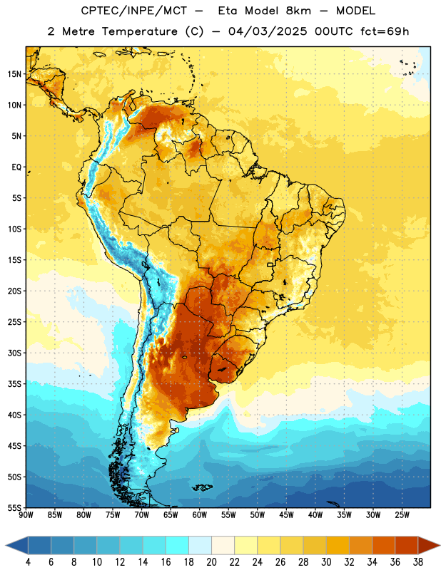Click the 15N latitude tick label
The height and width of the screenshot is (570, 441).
click(x=14, y=74)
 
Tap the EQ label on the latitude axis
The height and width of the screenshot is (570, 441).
click(x=16, y=167)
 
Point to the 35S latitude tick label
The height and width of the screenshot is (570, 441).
click(x=14, y=384)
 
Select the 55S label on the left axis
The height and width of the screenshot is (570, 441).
click(x=14, y=507)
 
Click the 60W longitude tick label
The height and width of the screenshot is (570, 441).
click(x=200, y=514)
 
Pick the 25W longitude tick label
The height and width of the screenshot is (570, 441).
click(x=402, y=514)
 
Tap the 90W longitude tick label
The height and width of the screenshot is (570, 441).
click(x=26, y=514)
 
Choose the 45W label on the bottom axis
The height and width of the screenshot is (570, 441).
click(x=286, y=514)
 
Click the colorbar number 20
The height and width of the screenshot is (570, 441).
click(x=211, y=562)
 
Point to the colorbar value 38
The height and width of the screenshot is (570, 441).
click(x=418, y=562)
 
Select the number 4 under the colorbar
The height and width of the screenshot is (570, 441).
click(x=28, y=562)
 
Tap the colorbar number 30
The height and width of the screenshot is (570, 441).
click(x=326, y=562)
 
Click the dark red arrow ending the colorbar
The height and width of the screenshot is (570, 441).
click(x=428, y=545)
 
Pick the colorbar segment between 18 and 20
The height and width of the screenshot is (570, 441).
click(x=200, y=545)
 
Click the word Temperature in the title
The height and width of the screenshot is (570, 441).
click(x=139, y=31)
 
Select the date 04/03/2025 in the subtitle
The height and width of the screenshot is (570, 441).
click(x=268, y=31)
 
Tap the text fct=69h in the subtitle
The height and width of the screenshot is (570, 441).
click(x=385, y=31)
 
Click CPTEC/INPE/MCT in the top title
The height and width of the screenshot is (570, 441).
click(x=134, y=11)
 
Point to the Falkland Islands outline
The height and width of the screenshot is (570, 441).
click(x=203, y=487)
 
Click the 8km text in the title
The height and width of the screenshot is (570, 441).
click(x=298, y=11)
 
